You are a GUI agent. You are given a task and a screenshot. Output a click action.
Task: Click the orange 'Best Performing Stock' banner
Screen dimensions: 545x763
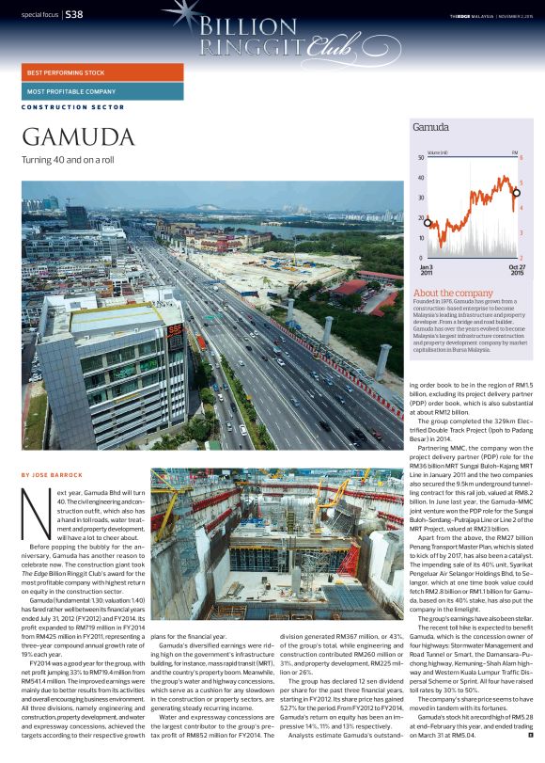pyautogui.click(x=102, y=72)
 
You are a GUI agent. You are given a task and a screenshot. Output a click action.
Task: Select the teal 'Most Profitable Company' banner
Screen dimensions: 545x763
pyautogui.click(x=102, y=91)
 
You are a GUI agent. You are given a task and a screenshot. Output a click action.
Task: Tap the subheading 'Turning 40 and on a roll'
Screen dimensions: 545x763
pyautogui.click(x=68, y=160)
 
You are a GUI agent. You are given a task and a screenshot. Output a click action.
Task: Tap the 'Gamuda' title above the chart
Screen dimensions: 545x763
pyautogui.click(x=430, y=126)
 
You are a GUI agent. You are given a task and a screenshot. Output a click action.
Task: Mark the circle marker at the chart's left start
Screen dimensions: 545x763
pyautogui.click(x=428, y=223)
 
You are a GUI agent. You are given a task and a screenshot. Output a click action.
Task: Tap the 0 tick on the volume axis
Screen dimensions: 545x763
pyautogui.click(x=422, y=258)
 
